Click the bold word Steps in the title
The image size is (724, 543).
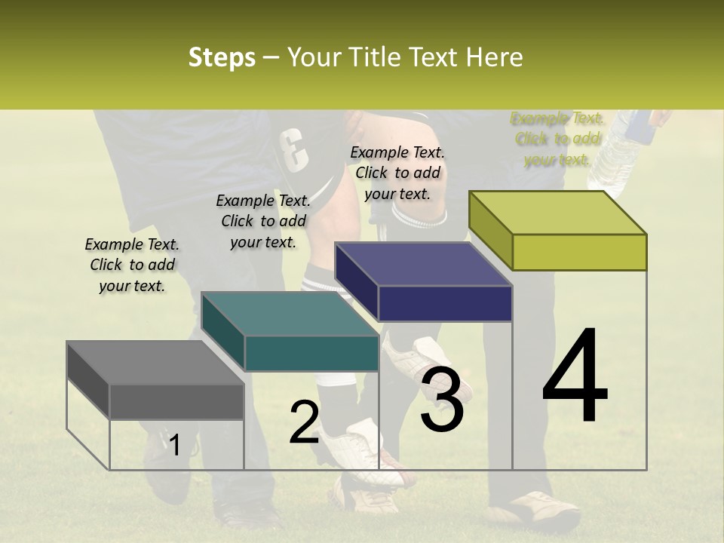(222, 57)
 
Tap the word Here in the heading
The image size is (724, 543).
(494, 57)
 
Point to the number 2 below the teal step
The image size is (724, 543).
(304, 422)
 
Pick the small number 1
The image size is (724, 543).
(174, 445)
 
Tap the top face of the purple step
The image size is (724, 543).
(423, 264)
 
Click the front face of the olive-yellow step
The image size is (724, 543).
(579, 252)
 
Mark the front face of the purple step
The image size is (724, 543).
(445, 304)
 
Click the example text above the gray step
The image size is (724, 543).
(132, 265)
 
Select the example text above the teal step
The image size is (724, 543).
(263, 221)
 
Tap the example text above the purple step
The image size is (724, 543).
(397, 173)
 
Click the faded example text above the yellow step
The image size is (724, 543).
(557, 139)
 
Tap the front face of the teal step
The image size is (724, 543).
(311, 354)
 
